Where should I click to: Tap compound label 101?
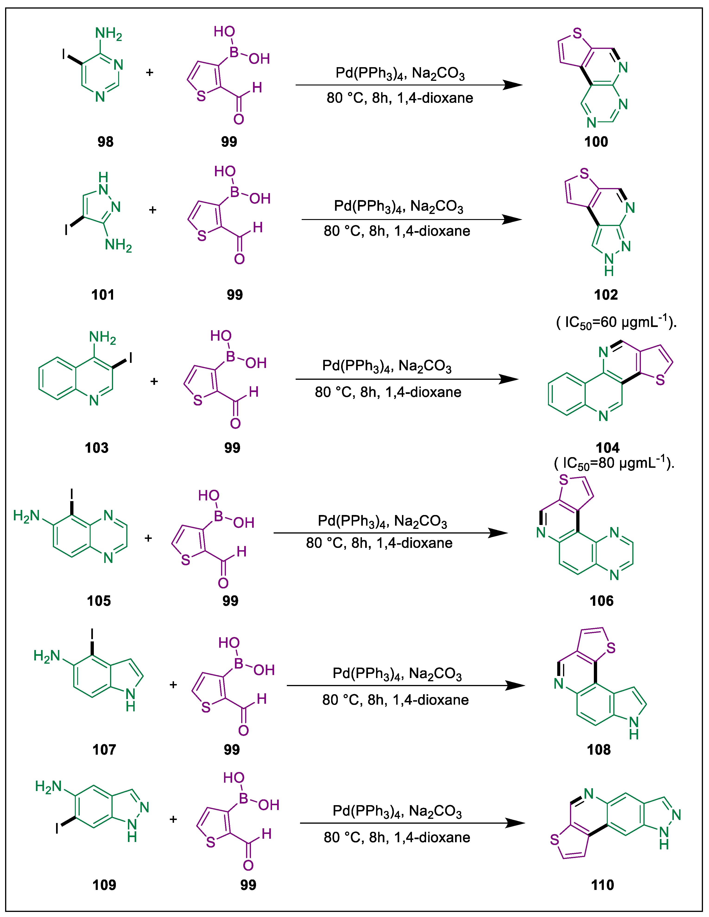[103, 295]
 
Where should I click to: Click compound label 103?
[97, 448]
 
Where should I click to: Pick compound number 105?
[99, 601]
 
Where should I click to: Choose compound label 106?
[601, 601]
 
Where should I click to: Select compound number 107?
[104, 750]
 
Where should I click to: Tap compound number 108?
[598, 750]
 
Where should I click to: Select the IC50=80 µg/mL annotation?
[614, 463]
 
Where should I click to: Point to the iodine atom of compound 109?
[57, 828]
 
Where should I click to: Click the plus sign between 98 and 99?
[149, 73]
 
